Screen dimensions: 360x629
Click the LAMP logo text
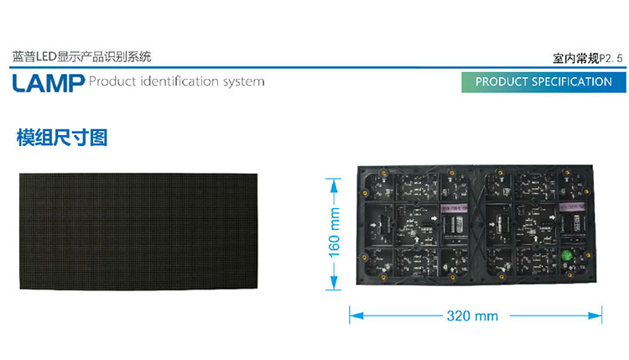click(x=48, y=81)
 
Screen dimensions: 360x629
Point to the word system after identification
click(x=243, y=82)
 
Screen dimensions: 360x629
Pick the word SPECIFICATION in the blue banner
click(x=569, y=81)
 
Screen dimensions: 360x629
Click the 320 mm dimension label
click(x=472, y=316)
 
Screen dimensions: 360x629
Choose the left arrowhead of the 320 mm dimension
click(x=353, y=316)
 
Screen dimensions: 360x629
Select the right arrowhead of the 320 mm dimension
click(x=599, y=316)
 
